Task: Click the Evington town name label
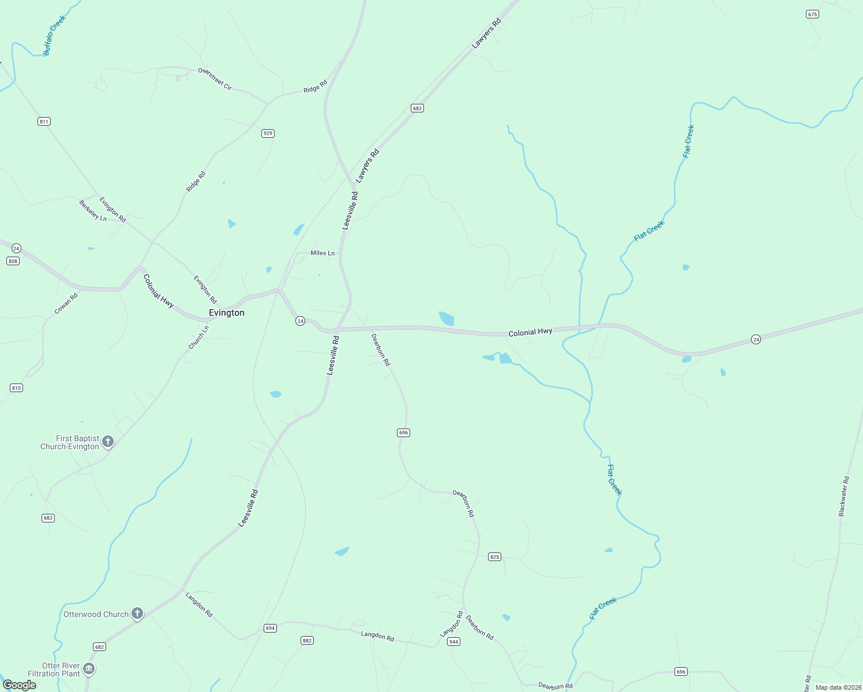pyautogui.click(x=227, y=313)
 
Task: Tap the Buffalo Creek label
pyautogui.click(x=55, y=35)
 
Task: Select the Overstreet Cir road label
pyautogui.click(x=215, y=79)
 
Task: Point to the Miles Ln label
pyautogui.click(x=322, y=253)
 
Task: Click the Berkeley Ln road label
pyautogui.click(x=93, y=210)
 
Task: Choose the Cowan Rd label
pyautogui.click(x=66, y=303)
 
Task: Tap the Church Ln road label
pyautogui.click(x=198, y=337)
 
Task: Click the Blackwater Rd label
pyautogui.click(x=843, y=496)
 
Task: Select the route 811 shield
pyautogui.click(x=44, y=121)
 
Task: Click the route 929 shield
pyautogui.click(x=268, y=133)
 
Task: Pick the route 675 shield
pyautogui.click(x=812, y=14)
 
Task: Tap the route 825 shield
pyautogui.click(x=494, y=556)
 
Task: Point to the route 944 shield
pyautogui.click(x=453, y=642)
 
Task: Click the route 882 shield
pyautogui.click(x=307, y=641)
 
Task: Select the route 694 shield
pyautogui.click(x=270, y=628)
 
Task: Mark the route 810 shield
pyautogui.click(x=16, y=388)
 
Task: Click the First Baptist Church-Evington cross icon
pyautogui.click(x=108, y=442)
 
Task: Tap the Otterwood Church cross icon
pyautogui.click(x=137, y=614)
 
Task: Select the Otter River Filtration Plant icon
pyautogui.click(x=89, y=669)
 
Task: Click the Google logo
pyautogui.click(x=20, y=685)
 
